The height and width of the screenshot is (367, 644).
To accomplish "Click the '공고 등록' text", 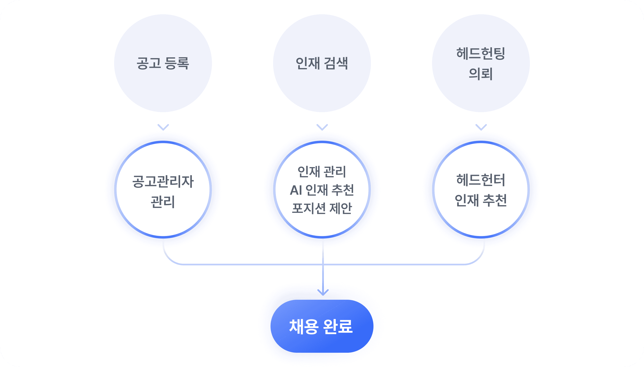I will coord(163,63).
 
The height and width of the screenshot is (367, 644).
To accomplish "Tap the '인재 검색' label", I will coord(322,63).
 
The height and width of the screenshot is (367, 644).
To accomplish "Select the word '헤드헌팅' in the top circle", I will coord(481,54).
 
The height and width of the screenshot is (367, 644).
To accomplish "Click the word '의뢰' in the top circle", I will coord(481,74).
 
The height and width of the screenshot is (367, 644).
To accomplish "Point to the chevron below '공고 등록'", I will coord(163,127).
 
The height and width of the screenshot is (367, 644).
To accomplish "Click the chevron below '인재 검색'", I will coord(322,127).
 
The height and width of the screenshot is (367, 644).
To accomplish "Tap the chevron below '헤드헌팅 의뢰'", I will coord(481,127).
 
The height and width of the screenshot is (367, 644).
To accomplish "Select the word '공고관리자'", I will coord(163,181).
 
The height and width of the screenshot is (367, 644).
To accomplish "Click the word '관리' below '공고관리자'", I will coord(163,202).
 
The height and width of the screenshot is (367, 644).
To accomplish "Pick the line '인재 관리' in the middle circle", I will coord(322,172).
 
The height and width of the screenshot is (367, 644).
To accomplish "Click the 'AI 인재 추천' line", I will coord(322,190).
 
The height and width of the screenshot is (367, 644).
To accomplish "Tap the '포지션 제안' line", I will coord(322,208).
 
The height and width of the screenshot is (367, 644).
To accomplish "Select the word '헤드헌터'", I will coord(481,180).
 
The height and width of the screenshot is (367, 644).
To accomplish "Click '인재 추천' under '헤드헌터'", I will coord(481,200).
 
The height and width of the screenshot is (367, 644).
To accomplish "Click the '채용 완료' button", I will coord(322,326).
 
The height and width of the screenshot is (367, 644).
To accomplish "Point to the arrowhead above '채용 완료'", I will coord(323,293).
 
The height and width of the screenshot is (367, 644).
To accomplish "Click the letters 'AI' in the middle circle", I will coord(296,190).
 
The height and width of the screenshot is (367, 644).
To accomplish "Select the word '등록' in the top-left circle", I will coord(177,63).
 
